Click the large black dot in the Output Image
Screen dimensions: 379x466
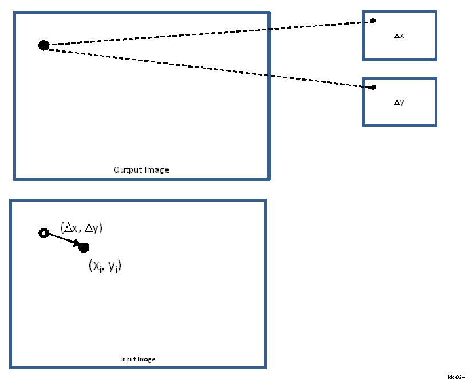point(44,45)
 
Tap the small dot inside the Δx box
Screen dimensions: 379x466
point(373,21)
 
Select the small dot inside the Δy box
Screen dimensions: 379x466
point(373,87)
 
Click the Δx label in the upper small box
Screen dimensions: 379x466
point(399,35)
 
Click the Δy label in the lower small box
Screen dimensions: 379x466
point(399,102)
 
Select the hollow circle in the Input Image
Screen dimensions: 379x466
point(43,232)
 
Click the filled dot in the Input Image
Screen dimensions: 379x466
point(84,247)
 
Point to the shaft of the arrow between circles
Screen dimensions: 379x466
point(60,239)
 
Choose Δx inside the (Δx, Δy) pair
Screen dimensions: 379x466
point(70,228)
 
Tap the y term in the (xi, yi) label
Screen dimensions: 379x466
point(113,267)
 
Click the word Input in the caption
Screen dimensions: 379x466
point(127,360)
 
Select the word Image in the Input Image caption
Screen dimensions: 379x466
point(146,360)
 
